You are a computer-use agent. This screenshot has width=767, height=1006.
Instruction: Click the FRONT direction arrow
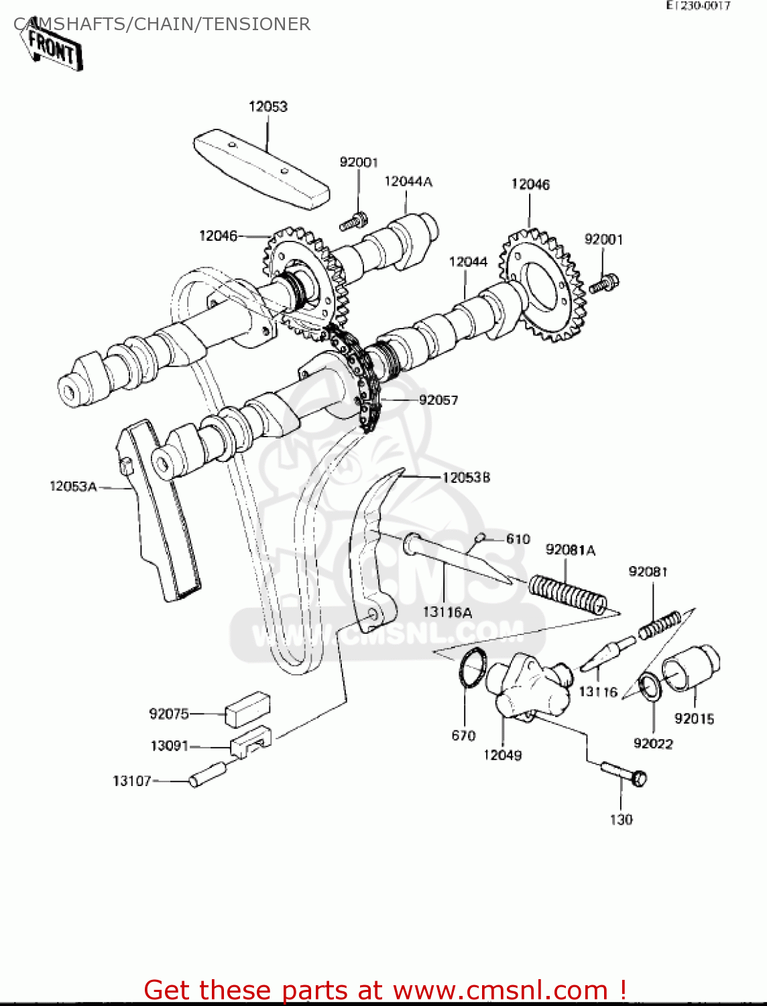pyautogui.click(x=54, y=49)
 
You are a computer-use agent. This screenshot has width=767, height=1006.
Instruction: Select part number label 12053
pyautogui.click(x=268, y=107)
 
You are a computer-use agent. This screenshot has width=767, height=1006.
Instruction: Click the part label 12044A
pyautogui.click(x=408, y=182)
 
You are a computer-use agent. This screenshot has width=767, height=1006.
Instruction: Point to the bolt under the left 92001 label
pyautogui.click(x=354, y=221)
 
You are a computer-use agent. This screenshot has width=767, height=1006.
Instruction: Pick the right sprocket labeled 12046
pyautogui.click(x=540, y=285)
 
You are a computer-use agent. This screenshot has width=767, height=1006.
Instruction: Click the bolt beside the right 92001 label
pyautogui.click(x=604, y=284)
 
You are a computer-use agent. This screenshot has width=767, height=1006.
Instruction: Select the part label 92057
pyautogui.click(x=438, y=400)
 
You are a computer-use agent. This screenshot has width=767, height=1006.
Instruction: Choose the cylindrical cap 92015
pyautogui.click(x=691, y=667)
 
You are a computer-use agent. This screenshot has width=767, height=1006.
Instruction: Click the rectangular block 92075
pyautogui.click(x=247, y=710)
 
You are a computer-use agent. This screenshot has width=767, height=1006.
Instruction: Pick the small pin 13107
pyautogui.click(x=207, y=773)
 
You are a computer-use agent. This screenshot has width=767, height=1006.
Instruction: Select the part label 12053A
pyautogui.click(x=73, y=486)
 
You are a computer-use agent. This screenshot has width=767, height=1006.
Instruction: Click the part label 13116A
pyautogui.click(x=447, y=612)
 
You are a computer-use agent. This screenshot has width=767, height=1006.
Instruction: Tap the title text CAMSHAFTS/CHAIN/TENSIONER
pyautogui.click(x=162, y=24)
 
